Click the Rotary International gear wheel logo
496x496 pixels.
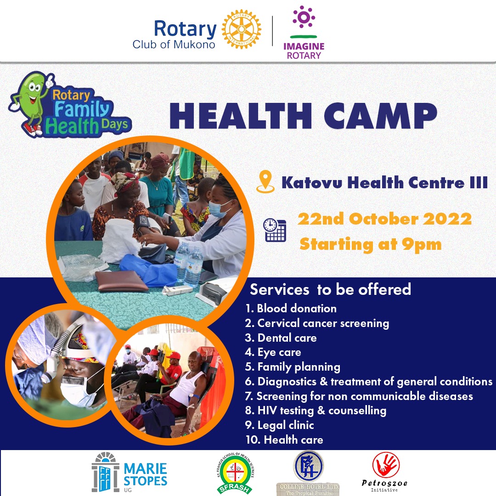241,29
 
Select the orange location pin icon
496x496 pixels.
265,182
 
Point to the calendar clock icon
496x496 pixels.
275,230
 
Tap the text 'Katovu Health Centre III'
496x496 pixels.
384,182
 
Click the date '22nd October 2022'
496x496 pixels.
384,219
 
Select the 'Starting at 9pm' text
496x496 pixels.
370,244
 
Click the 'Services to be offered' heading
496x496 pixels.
330,289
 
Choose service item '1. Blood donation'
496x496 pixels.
291,308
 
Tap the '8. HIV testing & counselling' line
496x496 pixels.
316,410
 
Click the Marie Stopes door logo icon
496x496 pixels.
105,472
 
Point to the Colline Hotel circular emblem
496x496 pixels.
308,466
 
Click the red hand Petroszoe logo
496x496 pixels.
385,465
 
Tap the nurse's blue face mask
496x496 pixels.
219,209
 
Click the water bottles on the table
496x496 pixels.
189,264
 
